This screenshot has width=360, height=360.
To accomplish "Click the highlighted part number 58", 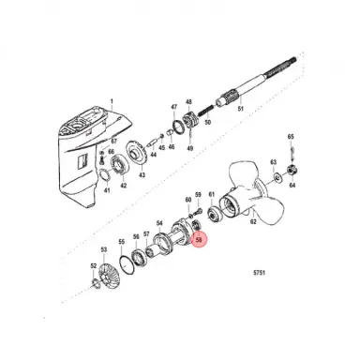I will click(198, 240).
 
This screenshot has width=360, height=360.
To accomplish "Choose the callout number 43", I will click(142, 175).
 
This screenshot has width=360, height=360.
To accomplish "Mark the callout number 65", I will click(292, 136).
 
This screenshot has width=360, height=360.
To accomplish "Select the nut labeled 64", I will click(292, 171).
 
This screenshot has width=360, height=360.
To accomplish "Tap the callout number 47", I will click(173, 109).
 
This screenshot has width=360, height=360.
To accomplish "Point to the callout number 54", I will click(159, 223).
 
